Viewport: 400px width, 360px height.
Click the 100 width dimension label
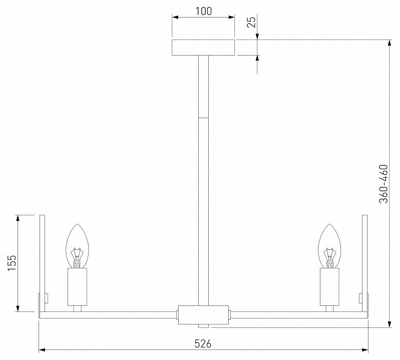coord(204,11)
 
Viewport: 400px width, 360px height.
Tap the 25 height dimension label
coord(251,22)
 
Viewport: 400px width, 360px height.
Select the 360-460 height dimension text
coord(383,184)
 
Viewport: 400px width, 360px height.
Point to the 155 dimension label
coord(12,263)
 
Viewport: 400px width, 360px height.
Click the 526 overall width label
coord(203,343)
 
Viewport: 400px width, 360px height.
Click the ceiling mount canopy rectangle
coord(203,48)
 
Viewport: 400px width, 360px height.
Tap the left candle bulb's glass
coord(77,246)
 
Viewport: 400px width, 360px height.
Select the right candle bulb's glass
coord(330,246)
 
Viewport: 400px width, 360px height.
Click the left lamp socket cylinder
coord(77,287)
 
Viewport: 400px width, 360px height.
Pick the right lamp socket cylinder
coord(330,287)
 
